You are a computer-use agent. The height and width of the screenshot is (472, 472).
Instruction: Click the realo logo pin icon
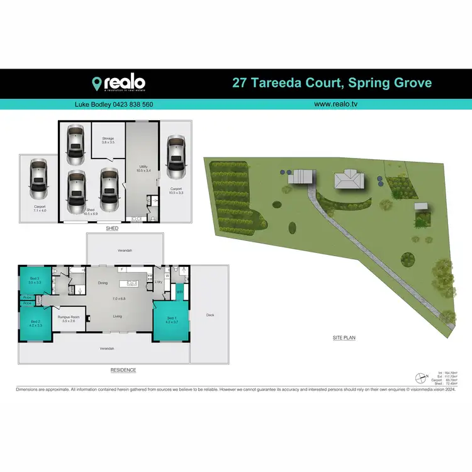click(98, 83)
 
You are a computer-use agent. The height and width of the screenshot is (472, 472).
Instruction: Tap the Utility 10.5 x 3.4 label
click(143, 168)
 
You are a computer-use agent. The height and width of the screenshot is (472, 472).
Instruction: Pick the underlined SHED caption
click(113, 229)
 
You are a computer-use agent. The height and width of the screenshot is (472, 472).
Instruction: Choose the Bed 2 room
click(36, 323)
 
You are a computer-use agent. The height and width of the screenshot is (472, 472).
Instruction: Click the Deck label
click(210, 315)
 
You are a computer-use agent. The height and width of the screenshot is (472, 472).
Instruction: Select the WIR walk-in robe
click(179, 291)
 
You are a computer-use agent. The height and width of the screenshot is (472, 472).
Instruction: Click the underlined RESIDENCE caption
click(123, 370)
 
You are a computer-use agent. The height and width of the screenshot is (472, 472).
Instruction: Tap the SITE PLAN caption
click(344, 338)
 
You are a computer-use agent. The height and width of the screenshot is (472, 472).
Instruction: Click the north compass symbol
click(420, 378)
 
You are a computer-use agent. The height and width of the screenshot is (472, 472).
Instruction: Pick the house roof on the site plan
click(349, 181)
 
